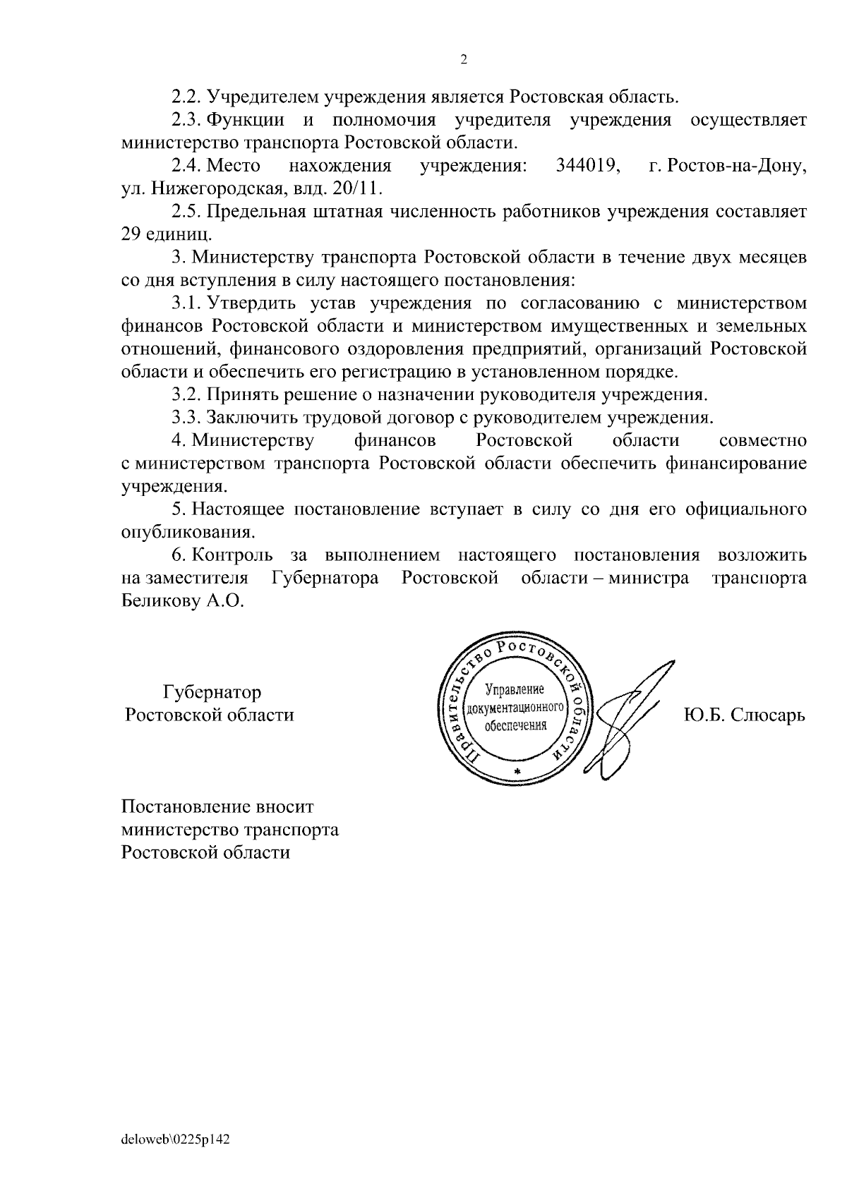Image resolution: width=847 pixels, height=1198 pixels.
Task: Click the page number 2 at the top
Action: (463, 60)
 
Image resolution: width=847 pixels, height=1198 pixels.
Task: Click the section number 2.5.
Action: (186, 212)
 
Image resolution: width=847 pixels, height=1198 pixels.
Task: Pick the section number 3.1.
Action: (186, 303)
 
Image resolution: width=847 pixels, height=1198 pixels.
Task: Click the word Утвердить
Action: (251, 303)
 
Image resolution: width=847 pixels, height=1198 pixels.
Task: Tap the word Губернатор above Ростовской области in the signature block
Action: (212, 692)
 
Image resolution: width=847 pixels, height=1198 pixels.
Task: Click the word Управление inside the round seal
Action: (515, 688)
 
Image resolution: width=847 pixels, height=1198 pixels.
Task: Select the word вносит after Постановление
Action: (282, 806)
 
